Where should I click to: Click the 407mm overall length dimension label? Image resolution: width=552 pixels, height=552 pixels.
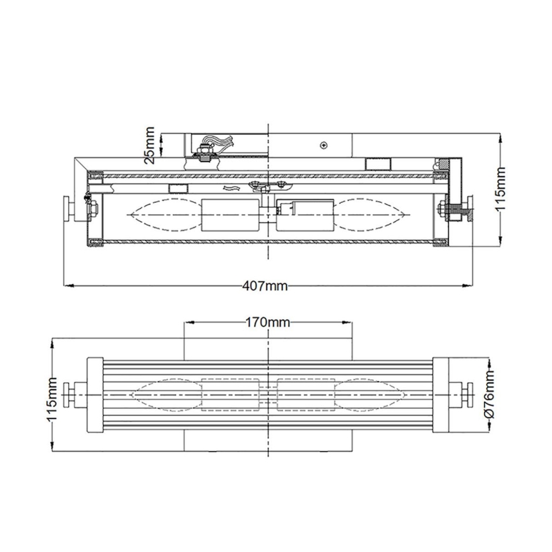coord(265,286)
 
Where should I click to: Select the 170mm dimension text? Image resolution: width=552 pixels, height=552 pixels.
coord(267,322)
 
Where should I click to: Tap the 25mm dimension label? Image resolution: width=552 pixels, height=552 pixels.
coord(149,146)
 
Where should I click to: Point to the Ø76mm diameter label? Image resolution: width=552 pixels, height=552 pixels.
coord(489,394)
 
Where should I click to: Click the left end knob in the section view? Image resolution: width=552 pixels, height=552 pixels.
coord(67,209)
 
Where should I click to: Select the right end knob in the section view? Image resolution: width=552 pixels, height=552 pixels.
coord(469,207)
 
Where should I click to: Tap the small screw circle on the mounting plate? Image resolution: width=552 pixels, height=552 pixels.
coord(324,145)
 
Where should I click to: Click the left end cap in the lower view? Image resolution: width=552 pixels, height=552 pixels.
coord(94,394)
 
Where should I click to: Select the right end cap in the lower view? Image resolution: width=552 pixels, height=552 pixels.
coord(441,394)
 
